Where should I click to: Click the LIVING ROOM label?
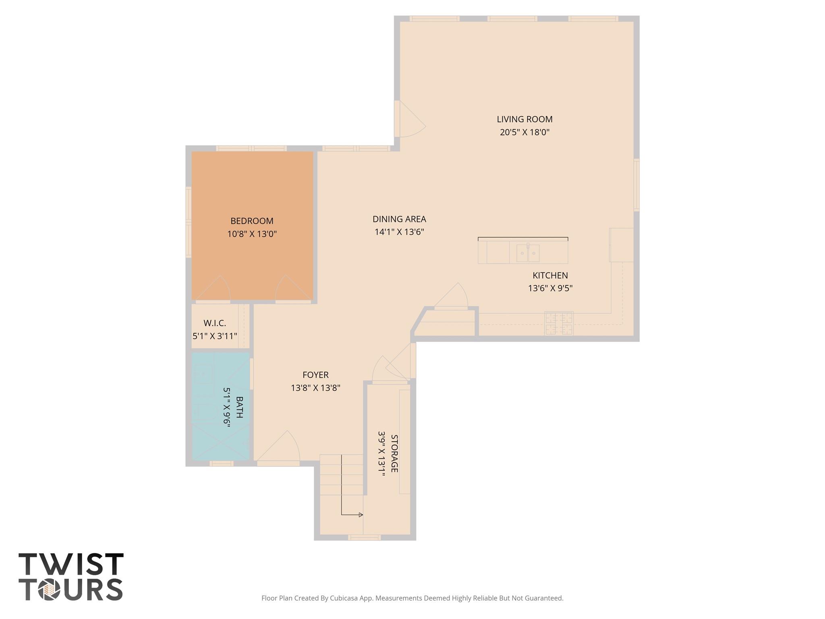524,119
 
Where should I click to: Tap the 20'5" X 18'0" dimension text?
524,132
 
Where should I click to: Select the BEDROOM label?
252,221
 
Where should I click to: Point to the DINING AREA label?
399,219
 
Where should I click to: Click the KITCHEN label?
550,276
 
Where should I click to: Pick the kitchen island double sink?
528,253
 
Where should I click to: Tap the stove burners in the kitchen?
559,323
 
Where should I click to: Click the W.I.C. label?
215,323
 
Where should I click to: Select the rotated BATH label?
239,407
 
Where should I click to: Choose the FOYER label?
315,375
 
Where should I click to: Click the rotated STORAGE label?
394,453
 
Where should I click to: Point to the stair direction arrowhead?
361,515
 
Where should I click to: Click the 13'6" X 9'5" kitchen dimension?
550,289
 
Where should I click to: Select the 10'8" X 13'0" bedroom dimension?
252,234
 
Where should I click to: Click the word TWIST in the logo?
71,565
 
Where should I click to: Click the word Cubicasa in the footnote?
344,598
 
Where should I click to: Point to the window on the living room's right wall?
636,185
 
